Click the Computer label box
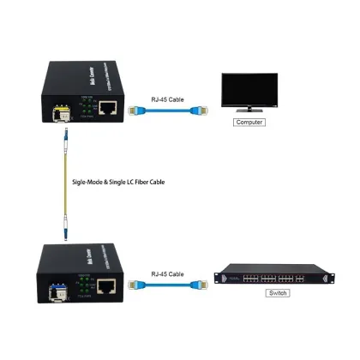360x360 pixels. (249, 122)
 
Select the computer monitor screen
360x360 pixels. (249, 90)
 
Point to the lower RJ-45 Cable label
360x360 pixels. (166, 274)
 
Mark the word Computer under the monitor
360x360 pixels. (249, 122)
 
